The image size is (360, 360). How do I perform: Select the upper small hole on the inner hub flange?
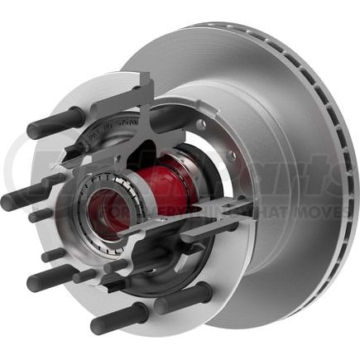click(201, 126)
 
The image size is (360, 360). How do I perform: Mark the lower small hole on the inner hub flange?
click(231, 156)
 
